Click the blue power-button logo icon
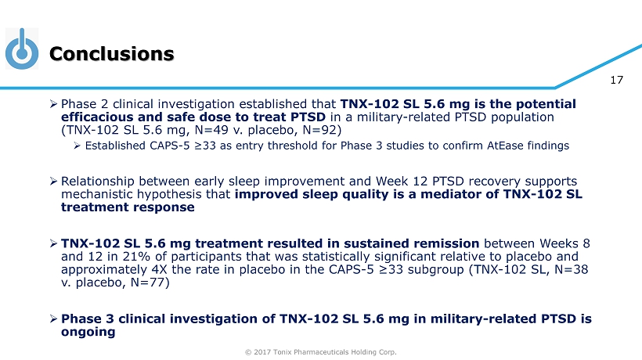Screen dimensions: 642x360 (x=22, y=49)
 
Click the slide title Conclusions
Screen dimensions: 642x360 (x=112, y=54)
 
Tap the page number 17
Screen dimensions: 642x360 (x=616, y=80)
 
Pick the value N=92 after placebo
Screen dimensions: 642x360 (x=320, y=130)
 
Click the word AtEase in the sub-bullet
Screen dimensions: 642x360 (x=505, y=146)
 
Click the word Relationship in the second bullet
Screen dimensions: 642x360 (x=98, y=182)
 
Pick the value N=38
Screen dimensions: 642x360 (x=572, y=269)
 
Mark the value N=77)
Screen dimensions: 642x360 (x=150, y=283)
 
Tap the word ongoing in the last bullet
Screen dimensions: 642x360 (x=88, y=332)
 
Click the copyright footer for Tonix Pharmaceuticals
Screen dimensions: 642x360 (x=320, y=352)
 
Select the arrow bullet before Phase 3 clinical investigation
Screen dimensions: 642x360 (x=53, y=319)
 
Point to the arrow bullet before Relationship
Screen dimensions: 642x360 (x=53, y=182)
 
